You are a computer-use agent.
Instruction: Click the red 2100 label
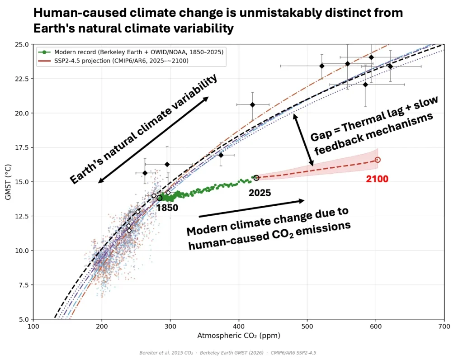[377, 179]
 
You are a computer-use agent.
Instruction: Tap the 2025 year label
[260, 193]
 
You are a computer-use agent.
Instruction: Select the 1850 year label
[167, 208]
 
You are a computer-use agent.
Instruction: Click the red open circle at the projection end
[378, 160]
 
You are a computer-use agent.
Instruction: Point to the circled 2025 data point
[256, 178]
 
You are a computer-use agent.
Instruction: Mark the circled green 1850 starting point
[160, 198]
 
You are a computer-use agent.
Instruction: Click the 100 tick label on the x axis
[33, 326]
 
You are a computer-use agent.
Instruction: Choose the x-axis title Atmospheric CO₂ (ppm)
[239, 336]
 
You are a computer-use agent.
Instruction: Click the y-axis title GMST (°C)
[9, 181]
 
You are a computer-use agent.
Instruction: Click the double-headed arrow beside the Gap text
[303, 139]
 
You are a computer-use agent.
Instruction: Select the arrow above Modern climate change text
[251, 208]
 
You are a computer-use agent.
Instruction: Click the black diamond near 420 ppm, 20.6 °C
[252, 105]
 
